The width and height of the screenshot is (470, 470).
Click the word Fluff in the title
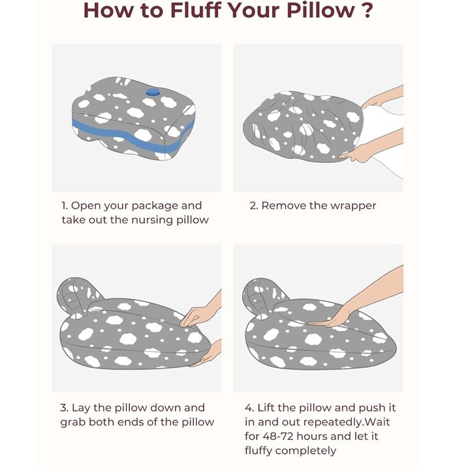click(196, 10)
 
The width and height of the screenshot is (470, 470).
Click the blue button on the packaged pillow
click(153, 92)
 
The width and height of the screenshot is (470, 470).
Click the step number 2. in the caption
click(253, 206)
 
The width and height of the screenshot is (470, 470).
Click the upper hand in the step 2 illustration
click(383, 97)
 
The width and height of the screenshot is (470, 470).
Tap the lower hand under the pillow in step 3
click(209, 354)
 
